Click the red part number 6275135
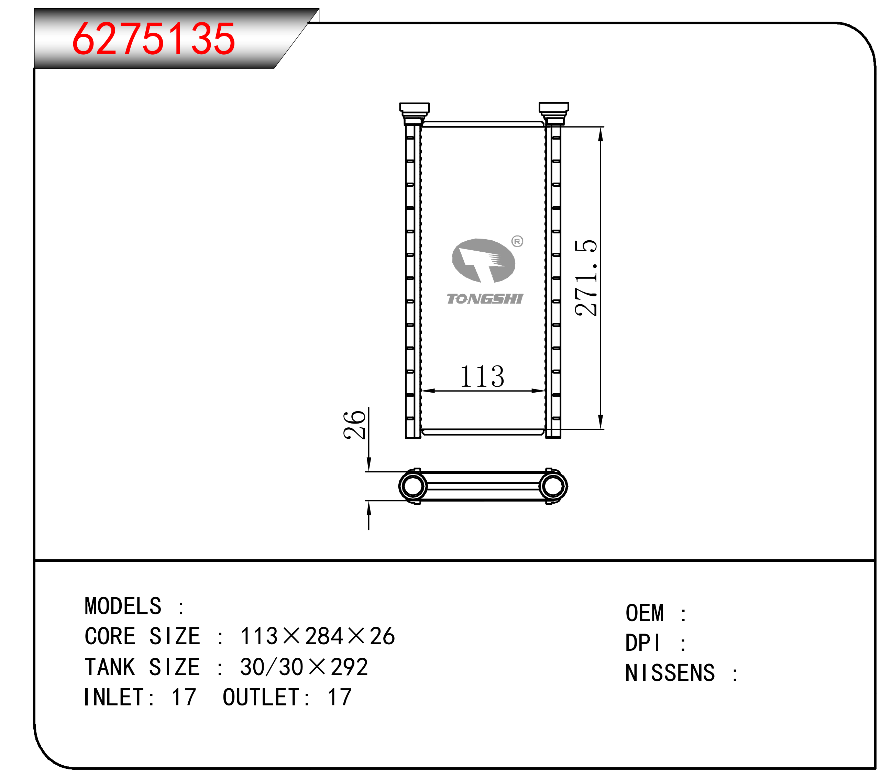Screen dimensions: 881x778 (153, 39)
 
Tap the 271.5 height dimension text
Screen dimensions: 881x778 (586, 278)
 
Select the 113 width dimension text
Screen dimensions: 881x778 (482, 376)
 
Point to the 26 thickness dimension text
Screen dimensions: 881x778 (354, 425)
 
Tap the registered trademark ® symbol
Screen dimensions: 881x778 (517, 241)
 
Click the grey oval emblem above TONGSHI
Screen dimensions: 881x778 (483, 261)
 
